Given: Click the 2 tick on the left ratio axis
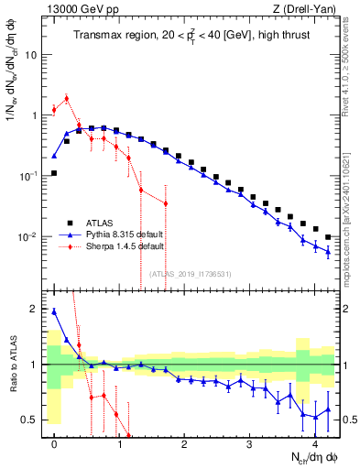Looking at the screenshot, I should [35, 309].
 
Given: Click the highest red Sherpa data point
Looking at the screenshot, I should [66, 98].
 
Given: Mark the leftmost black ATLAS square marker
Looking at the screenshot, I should [54, 172].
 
